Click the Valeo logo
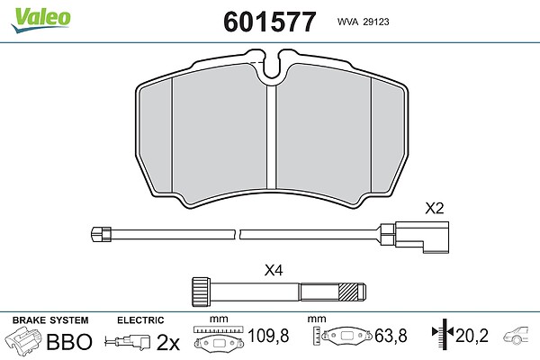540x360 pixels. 40,20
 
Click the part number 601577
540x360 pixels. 270,22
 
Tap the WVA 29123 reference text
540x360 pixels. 363,22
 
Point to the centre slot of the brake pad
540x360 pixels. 272,137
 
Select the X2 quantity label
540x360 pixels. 435,208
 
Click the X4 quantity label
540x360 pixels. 274,270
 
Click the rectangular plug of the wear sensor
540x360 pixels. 422,237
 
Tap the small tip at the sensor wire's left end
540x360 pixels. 101,234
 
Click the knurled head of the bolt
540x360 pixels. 201,292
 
